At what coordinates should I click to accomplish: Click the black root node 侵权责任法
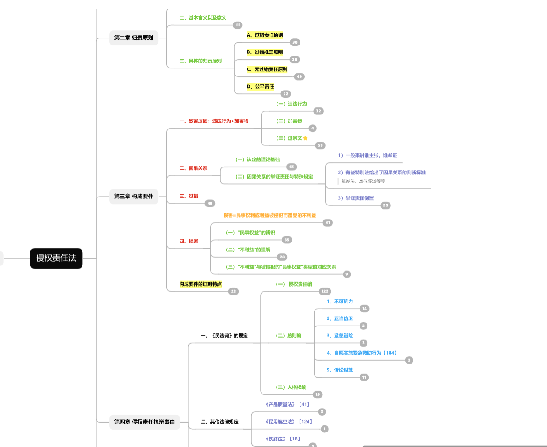(x=56, y=258)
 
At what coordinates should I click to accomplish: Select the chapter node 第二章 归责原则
(x=134, y=38)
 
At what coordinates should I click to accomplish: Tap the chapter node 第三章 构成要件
(x=134, y=197)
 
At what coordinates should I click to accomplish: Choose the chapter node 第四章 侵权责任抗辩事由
(x=144, y=422)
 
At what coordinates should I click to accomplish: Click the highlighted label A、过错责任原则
(x=265, y=35)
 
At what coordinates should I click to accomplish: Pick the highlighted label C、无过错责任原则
(x=267, y=69)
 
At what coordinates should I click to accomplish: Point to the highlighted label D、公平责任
(x=260, y=86)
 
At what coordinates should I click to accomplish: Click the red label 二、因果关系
(x=193, y=168)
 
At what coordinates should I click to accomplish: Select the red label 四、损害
(x=188, y=241)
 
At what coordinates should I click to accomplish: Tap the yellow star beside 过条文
(x=305, y=138)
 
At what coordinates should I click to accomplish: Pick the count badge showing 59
(x=321, y=145)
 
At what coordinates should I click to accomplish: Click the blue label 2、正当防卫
(x=340, y=318)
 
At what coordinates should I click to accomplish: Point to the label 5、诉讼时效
(x=340, y=370)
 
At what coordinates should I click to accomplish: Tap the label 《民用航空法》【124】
(x=288, y=422)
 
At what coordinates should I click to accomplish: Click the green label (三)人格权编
(x=291, y=387)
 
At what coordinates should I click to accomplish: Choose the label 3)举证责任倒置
(x=356, y=198)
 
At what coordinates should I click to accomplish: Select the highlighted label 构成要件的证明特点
(x=201, y=284)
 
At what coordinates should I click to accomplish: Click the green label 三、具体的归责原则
(x=201, y=61)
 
